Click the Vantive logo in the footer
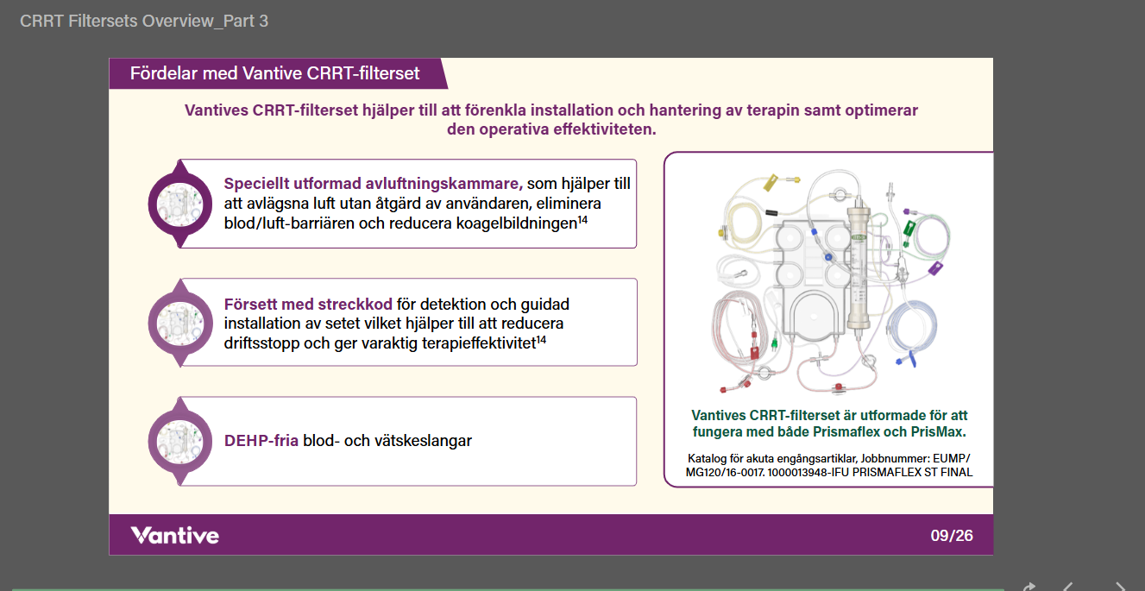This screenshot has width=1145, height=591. click(175, 535)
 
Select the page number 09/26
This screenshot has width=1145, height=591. click(951, 535)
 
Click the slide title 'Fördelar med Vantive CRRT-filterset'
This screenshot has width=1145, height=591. click(274, 73)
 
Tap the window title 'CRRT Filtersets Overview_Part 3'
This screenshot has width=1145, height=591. click(143, 21)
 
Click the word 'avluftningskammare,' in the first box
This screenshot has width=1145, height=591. click(444, 184)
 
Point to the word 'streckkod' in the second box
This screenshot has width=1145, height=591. click(355, 305)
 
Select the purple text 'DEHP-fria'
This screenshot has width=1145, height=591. click(261, 441)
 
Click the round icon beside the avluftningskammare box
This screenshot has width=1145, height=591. click(180, 204)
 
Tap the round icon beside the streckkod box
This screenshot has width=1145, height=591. click(180, 323)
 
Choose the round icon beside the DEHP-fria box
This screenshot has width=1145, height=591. click(180, 442)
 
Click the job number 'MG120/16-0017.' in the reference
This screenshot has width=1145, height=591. click(726, 473)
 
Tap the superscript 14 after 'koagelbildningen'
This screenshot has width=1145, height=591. click(582, 220)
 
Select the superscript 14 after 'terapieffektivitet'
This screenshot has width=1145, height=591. click(541, 339)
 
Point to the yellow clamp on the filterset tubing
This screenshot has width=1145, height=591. click(770, 182)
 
